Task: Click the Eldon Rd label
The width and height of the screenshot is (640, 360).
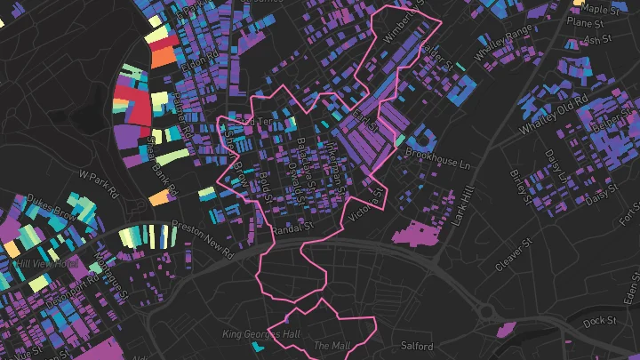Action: pos(192,68)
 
